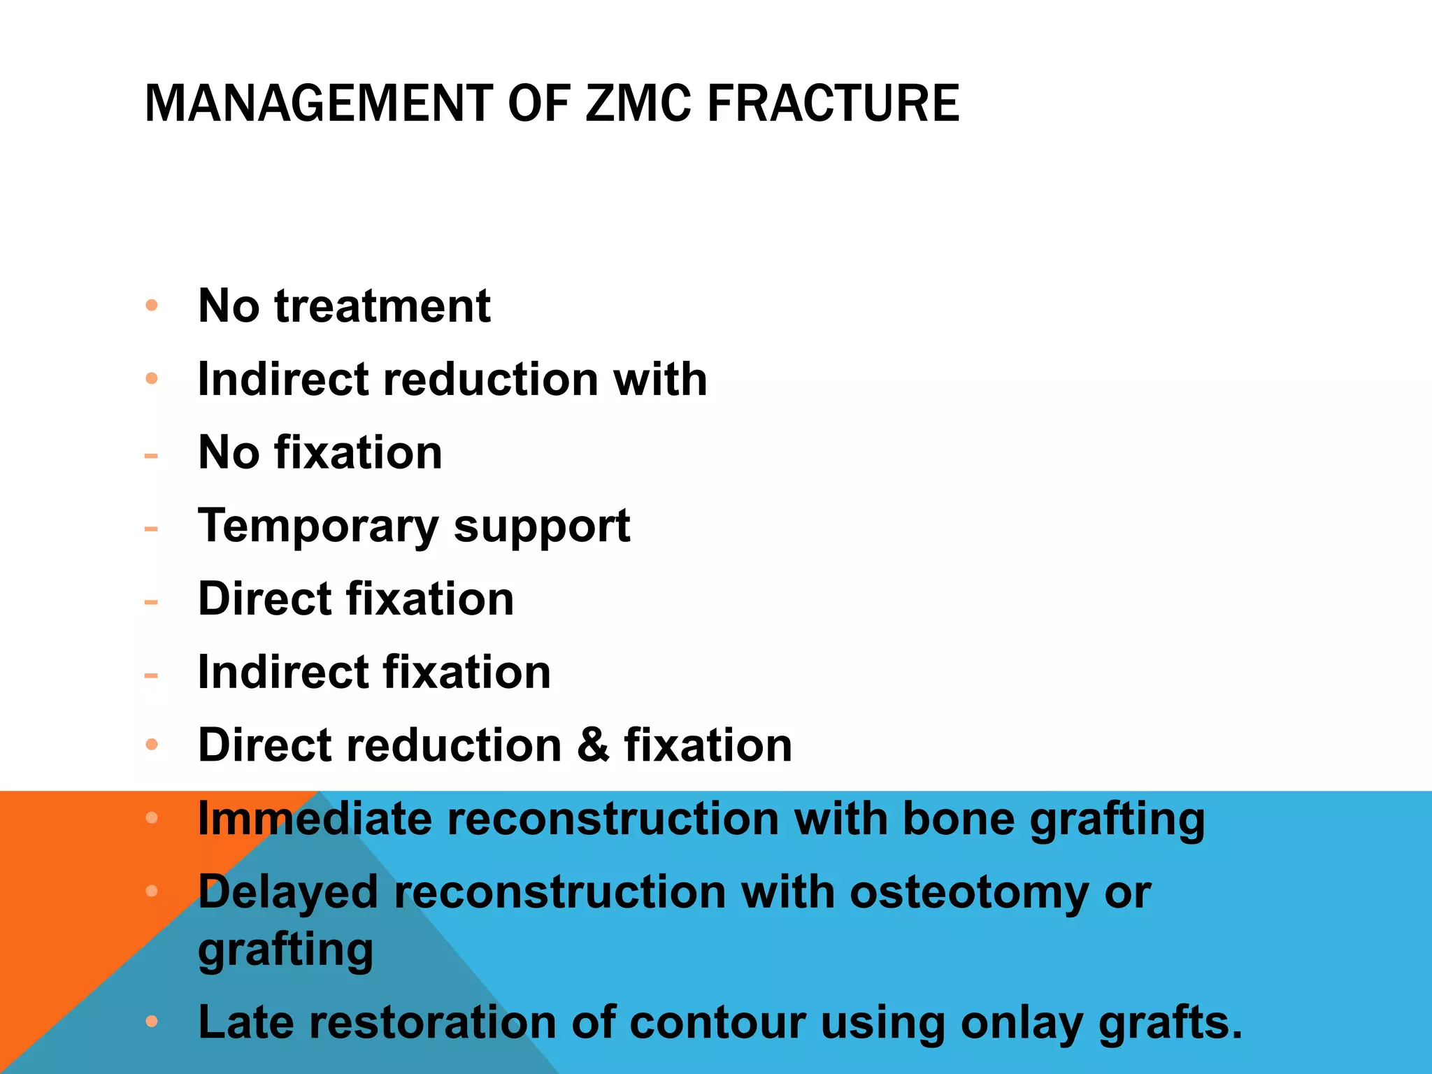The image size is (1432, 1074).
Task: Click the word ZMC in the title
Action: click(x=638, y=103)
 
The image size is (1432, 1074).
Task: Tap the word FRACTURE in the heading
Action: click(x=833, y=103)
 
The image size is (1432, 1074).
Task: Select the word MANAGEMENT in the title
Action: click(x=319, y=103)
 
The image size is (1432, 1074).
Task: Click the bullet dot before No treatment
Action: click(x=152, y=306)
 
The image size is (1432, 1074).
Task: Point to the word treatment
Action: click(x=382, y=306)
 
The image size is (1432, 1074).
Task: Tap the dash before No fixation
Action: click(x=151, y=457)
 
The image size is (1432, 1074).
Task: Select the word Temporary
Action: click(x=318, y=526)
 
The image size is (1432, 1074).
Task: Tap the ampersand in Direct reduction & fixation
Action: click(x=593, y=745)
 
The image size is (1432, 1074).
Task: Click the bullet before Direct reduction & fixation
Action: click(x=152, y=745)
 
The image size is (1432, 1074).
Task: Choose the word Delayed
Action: click(x=288, y=893)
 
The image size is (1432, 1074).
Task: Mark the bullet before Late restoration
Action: click(x=152, y=1022)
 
